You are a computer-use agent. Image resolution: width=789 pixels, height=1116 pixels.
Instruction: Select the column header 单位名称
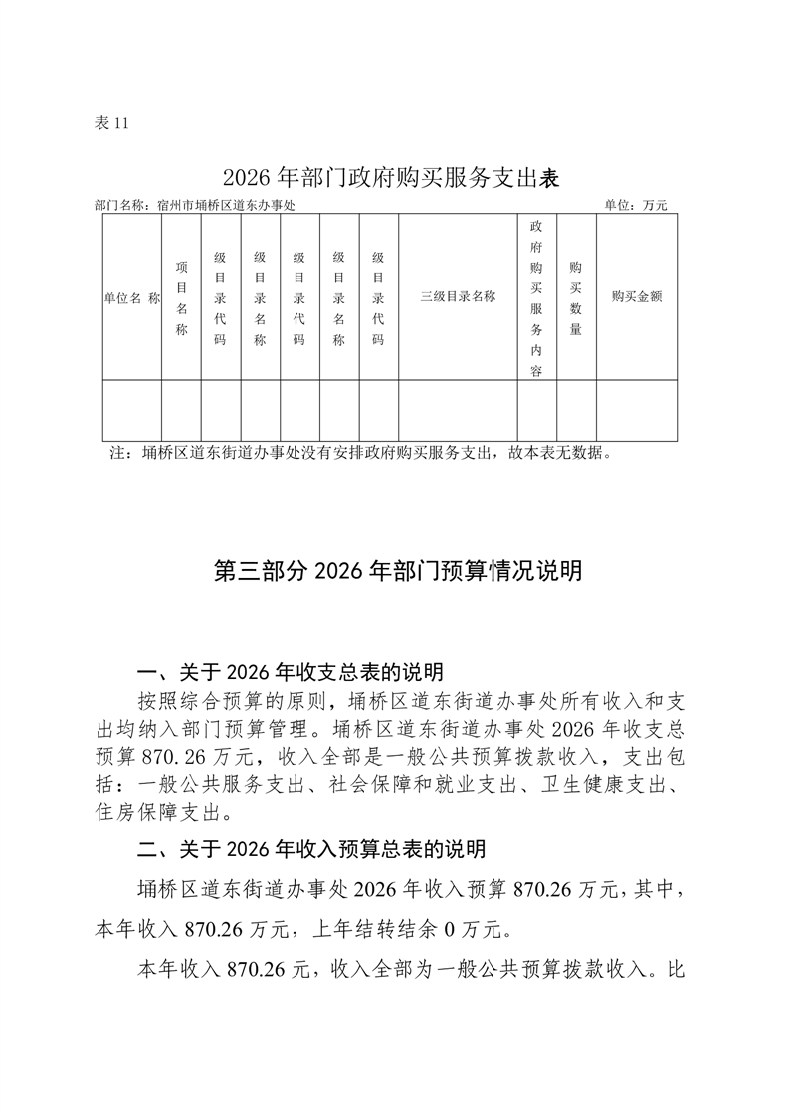131,296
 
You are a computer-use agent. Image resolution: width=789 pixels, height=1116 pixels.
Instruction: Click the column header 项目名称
181,296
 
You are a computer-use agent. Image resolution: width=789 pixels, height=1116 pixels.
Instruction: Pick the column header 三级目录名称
457,296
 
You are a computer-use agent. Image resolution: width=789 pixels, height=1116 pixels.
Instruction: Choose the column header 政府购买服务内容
536,296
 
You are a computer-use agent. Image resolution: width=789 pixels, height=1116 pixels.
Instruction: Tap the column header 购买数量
575,296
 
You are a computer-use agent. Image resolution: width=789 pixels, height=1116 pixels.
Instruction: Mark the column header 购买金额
636,296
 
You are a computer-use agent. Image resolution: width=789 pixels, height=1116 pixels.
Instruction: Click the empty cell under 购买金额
636,410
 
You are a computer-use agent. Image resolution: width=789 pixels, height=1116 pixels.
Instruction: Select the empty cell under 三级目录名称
457,410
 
